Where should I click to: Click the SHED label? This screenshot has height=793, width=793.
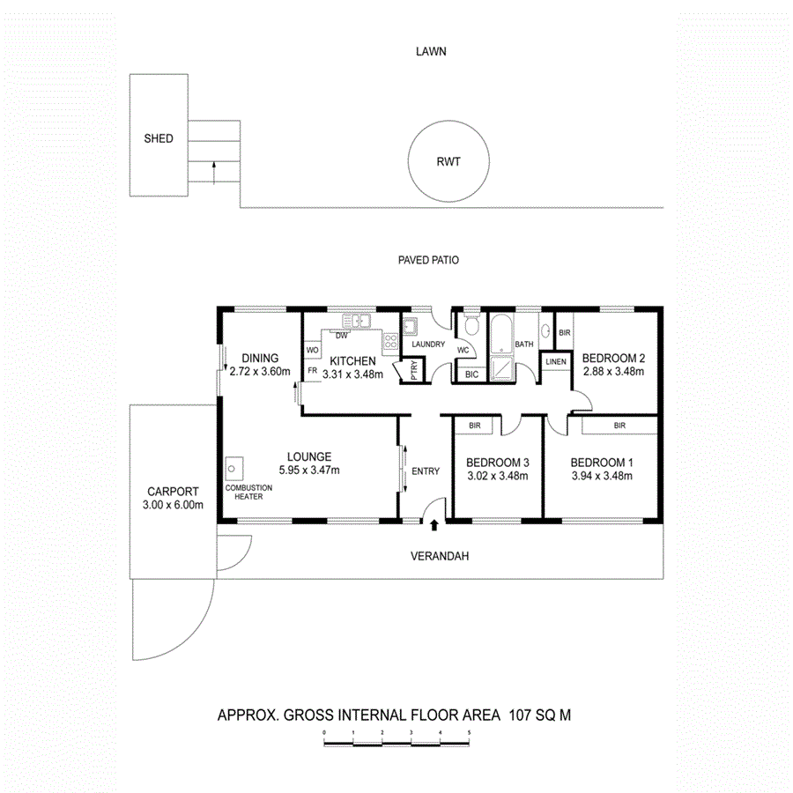[159, 138]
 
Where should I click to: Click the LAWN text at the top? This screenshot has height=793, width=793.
[431, 51]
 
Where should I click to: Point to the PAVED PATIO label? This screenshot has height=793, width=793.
[427, 260]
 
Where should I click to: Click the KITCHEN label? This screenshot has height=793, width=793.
[352, 361]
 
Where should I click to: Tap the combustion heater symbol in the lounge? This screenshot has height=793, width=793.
[234, 467]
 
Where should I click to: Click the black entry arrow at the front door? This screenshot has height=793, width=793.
[434, 526]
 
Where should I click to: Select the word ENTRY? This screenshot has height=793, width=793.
[426, 471]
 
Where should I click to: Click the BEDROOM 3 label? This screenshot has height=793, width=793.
[498, 463]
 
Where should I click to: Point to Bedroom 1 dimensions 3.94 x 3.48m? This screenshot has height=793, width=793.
[602, 477]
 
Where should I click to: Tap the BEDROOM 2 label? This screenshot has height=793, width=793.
[614, 358]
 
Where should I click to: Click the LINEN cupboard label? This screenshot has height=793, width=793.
[555, 362]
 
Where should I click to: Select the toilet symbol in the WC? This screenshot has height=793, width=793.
[472, 328]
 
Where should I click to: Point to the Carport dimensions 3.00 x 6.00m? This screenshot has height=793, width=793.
[174, 505]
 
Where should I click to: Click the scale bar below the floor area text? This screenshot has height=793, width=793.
[396, 744]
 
